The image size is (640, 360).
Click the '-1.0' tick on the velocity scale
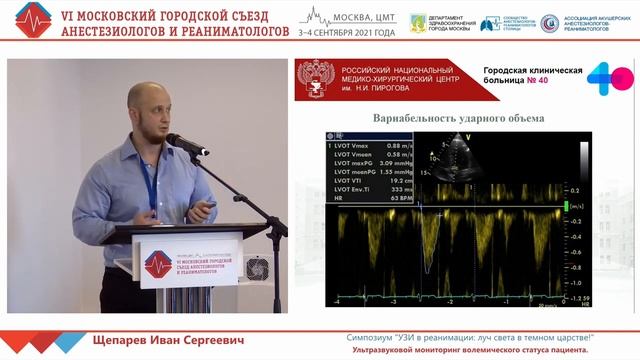click(x=598, y=282)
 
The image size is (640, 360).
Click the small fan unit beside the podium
click(x=258, y=267)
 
